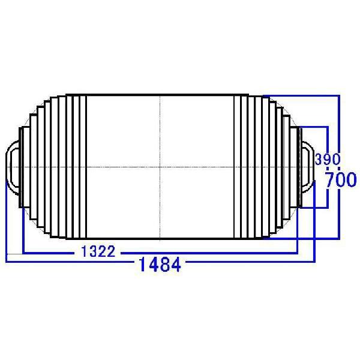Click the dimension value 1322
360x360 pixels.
[x=98, y=252]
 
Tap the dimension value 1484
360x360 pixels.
[x=159, y=264]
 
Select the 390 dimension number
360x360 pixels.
[x=328, y=160]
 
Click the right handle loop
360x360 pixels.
[x=307, y=165]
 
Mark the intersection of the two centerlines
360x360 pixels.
[x=160, y=166]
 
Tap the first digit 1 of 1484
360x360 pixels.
[x=142, y=264]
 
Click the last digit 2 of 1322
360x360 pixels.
[x=111, y=252]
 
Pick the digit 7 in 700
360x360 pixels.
[x=331, y=180]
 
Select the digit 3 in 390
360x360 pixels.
[x=319, y=160]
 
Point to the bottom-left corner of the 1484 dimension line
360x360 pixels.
[x=6, y=261]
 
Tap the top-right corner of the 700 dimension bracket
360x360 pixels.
[x=340, y=95]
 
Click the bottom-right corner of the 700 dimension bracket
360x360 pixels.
[x=340, y=238]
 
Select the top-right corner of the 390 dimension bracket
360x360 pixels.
[x=328, y=127]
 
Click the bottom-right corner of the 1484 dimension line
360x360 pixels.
[x=314, y=261]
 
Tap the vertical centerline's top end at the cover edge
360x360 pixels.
[x=160, y=95]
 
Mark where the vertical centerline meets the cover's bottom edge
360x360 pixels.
[x=160, y=238]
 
